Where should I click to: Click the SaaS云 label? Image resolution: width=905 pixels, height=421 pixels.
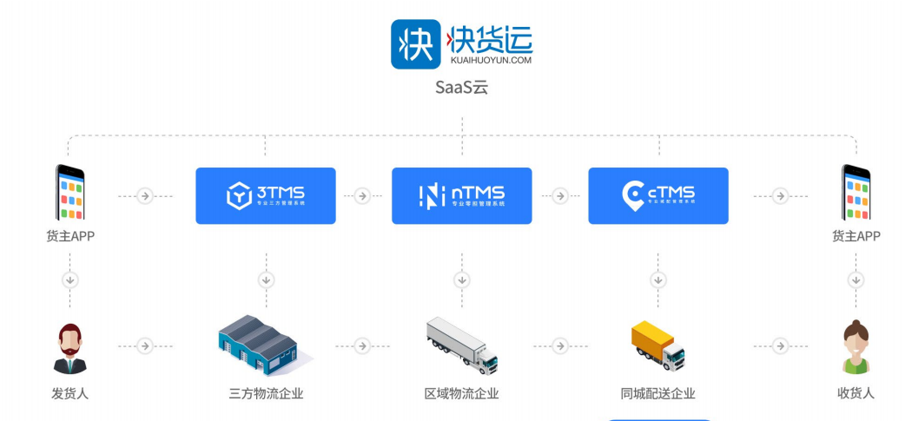pyautogui.click(x=461, y=88)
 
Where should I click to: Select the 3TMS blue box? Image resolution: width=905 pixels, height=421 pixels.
pyautogui.click(x=266, y=195)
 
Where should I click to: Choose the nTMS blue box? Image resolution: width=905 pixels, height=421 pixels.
pyautogui.click(x=462, y=195)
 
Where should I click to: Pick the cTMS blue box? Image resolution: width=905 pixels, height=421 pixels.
pyautogui.click(x=658, y=195)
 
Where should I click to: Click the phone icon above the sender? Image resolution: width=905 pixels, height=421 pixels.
pyautogui.click(x=70, y=193)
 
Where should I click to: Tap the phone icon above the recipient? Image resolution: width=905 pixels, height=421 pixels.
pyautogui.click(x=855, y=193)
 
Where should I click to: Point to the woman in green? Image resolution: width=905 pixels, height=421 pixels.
pyautogui.click(x=855, y=347)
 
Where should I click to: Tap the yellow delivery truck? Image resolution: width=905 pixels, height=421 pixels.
pyautogui.click(x=657, y=345)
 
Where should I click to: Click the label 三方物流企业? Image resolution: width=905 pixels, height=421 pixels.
pyautogui.click(x=266, y=393)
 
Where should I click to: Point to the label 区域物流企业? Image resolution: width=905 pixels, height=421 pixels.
pyautogui.click(x=462, y=393)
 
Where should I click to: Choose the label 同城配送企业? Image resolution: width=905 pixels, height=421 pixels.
pyautogui.click(x=658, y=393)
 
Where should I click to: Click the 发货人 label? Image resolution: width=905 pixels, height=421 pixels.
pyautogui.click(x=70, y=393)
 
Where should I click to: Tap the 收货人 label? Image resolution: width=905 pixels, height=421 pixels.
pyautogui.click(x=855, y=393)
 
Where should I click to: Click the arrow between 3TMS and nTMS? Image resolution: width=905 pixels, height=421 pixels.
pyautogui.click(x=364, y=196)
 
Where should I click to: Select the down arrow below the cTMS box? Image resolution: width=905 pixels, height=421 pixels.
pyautogui.click(x=658, y=280)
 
